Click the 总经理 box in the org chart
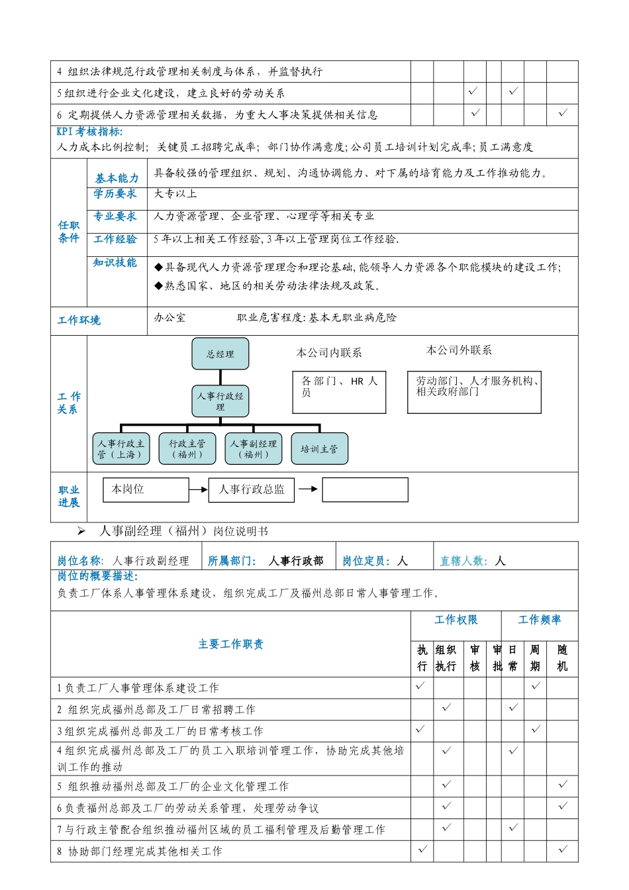point(220,354)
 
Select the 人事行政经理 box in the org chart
point(220,401)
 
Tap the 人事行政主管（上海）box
point(121,449)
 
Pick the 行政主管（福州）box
point(187,449)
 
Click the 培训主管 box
point(319,449)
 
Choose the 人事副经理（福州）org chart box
point(254,449)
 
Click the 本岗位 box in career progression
point(146,490)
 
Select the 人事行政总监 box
point(252,490)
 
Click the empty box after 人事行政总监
point(365,490)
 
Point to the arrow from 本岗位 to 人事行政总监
point(199,490)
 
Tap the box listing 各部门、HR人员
point(339,392)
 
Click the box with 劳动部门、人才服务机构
point(474,392)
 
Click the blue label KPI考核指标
point(89,132)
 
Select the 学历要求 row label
point(115,194)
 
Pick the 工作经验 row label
point(115,239)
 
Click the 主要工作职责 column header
point(230,644)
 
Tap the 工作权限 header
point(456,620)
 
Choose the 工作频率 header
point(540,620)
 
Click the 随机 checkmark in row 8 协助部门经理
point(563,849)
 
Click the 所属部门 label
point(232,561)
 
